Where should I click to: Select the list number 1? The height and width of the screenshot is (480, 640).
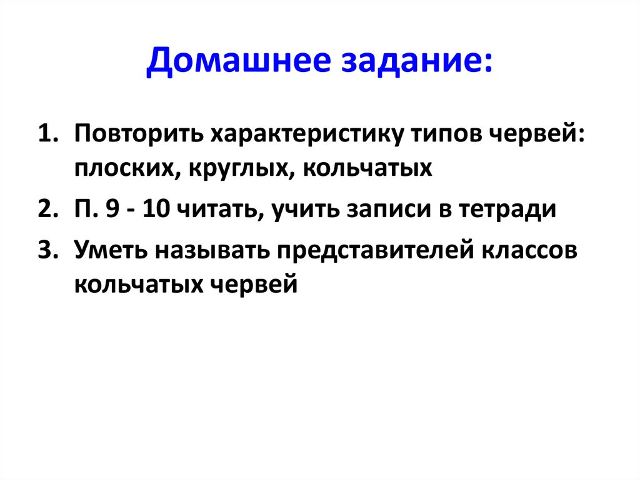[47, 135]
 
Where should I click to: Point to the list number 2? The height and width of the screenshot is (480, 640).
[47, 210]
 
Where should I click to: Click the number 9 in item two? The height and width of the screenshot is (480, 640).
[112, 210]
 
